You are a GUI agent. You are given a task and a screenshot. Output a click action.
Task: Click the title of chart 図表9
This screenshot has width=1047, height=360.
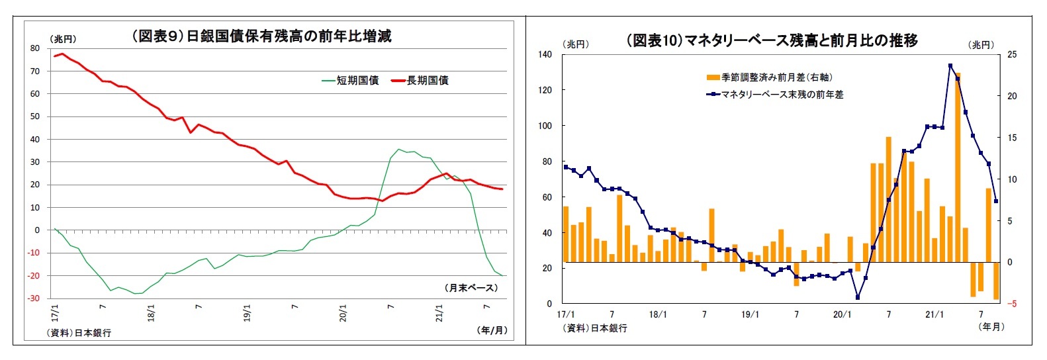261,36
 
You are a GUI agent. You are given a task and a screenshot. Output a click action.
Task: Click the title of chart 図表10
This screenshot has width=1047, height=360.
772,40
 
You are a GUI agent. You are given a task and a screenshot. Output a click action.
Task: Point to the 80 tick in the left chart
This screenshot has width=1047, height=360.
34,48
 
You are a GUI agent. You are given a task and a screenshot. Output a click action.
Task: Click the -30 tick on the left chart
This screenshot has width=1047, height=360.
33,298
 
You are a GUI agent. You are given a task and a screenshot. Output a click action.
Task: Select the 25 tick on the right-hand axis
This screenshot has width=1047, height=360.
1012,54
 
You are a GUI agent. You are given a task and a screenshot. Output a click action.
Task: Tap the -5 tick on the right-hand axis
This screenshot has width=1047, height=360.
1011,304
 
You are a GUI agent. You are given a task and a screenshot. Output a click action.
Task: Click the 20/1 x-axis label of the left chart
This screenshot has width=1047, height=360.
343,312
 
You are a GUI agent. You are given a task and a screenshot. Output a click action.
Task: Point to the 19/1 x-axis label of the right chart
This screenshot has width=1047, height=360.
750,314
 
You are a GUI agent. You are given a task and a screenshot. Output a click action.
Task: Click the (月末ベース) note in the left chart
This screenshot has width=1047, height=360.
471,288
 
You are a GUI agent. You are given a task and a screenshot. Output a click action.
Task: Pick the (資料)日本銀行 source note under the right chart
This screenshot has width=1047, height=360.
594,328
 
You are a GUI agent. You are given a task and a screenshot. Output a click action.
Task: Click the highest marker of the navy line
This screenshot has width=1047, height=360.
950,66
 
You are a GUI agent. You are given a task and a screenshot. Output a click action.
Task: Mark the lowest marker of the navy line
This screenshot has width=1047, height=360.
858,297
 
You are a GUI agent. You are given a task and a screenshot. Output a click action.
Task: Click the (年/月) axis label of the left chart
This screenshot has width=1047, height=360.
492,330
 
